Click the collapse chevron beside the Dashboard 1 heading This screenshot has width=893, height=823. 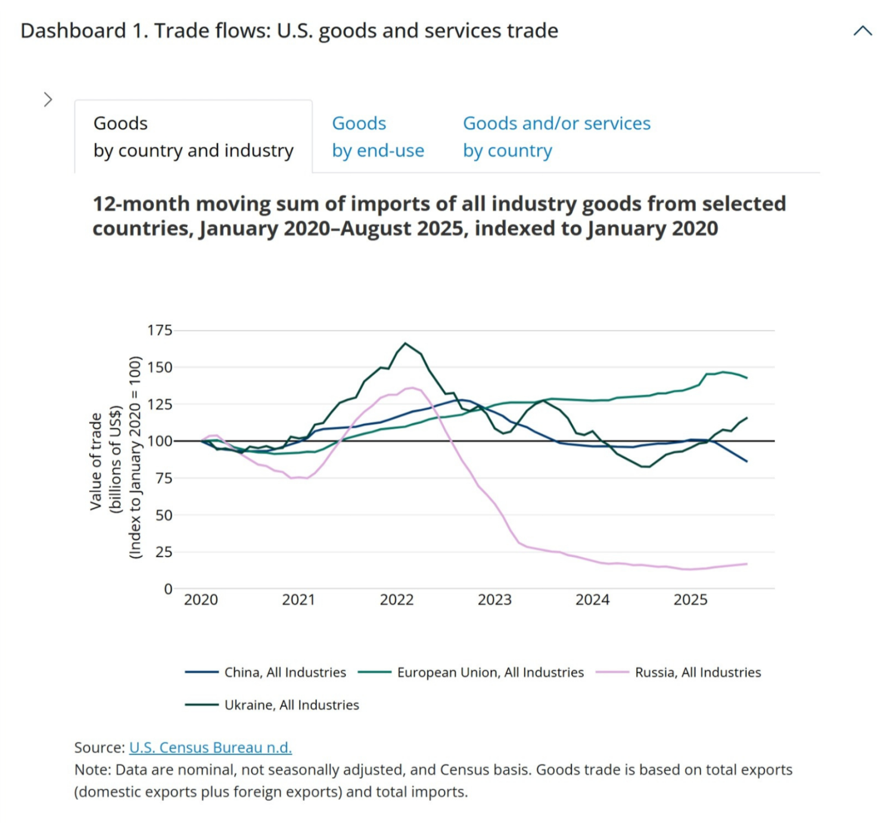point(862,31)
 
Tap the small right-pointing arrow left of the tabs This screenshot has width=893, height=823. point(48,99)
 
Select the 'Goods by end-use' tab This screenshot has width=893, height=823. point(378,137)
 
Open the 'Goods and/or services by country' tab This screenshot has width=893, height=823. point(556,137)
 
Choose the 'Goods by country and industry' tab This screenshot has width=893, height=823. point(193,137)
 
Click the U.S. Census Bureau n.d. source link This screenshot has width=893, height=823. point(210,747)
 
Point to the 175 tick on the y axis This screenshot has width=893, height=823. point(160,331)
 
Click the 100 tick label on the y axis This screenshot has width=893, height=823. point(160,441)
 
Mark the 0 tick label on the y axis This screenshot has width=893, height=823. point(168,589)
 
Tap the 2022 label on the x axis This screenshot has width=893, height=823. point(396,600)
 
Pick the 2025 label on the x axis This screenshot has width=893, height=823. point(690,600)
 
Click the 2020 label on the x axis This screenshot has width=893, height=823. point(201,600)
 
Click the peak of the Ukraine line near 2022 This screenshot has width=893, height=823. point(405,343)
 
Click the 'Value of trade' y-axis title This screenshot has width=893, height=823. point(95,462)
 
